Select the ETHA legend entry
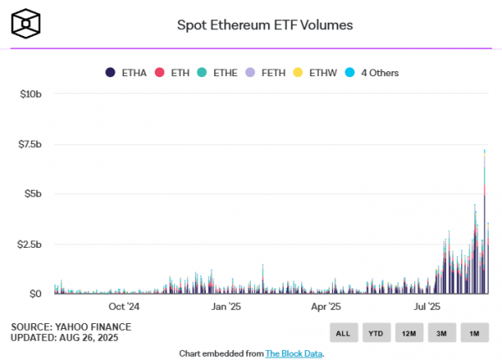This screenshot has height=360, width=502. pos(127,73)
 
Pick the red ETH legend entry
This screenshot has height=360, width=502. pos(174,73)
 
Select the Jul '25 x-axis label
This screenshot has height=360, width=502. pos(428,306)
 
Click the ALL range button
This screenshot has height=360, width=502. pos(343,333)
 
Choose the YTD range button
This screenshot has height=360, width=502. pos(376,333)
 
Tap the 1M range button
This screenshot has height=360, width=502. pos(474,333)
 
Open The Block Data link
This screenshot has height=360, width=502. pos(294,353)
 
